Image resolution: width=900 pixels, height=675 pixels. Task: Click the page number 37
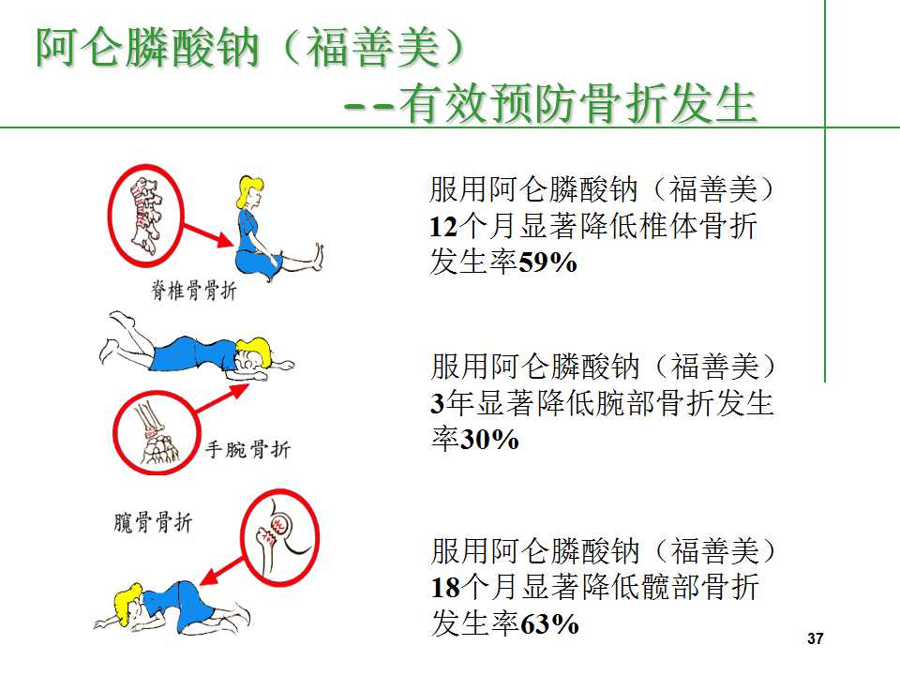point(815,639)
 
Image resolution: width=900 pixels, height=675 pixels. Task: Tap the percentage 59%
point(547,263)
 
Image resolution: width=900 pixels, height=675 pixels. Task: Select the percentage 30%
point(489,439)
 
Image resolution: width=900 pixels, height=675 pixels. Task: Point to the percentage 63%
point(548,623)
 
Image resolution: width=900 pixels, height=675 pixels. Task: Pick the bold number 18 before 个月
point(443,588)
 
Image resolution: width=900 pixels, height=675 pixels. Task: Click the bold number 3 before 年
point(437,403)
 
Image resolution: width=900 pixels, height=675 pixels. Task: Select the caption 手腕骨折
point(247,451)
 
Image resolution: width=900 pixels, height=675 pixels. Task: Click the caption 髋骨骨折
point(151,522)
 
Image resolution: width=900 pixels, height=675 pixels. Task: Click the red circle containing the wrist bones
point(154,432)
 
